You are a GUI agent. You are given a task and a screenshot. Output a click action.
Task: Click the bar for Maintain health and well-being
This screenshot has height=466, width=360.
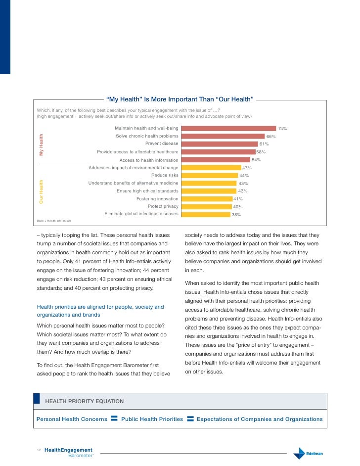tap(228, 129)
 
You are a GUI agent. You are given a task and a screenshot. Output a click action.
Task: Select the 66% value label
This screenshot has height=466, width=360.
tap(271, 137)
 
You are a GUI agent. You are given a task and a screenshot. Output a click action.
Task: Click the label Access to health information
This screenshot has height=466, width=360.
tap(149, 160)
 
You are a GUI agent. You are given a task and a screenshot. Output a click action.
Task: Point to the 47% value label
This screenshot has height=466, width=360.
tap(247, 168)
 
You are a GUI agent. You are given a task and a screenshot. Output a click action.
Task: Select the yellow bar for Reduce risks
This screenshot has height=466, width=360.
tap(209, 175)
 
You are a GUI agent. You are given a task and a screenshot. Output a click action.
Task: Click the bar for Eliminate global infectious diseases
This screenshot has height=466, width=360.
tap(206, 214)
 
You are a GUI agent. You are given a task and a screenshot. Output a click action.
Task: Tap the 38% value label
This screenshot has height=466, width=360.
tap(236, 215)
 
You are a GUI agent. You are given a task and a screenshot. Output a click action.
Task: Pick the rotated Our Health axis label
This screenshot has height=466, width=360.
tap(42, 191)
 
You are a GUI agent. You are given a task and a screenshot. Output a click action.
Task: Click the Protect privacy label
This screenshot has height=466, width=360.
tap(163, 206)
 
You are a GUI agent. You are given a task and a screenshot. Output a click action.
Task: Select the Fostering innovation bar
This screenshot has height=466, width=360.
tap(207, 199)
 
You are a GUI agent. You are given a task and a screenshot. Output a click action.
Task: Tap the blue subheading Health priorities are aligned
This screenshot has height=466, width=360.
tap(100, 311)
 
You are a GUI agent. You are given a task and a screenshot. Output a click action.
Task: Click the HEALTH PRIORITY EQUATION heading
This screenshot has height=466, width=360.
tap(85, 401)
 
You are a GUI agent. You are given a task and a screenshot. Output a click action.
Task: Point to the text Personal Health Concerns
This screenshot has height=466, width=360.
tap(72, 419)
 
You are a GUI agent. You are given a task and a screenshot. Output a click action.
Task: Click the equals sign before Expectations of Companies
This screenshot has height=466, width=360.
tap(190, 419)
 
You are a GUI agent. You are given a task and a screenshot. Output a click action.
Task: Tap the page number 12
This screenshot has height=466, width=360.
tap(39, 450)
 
